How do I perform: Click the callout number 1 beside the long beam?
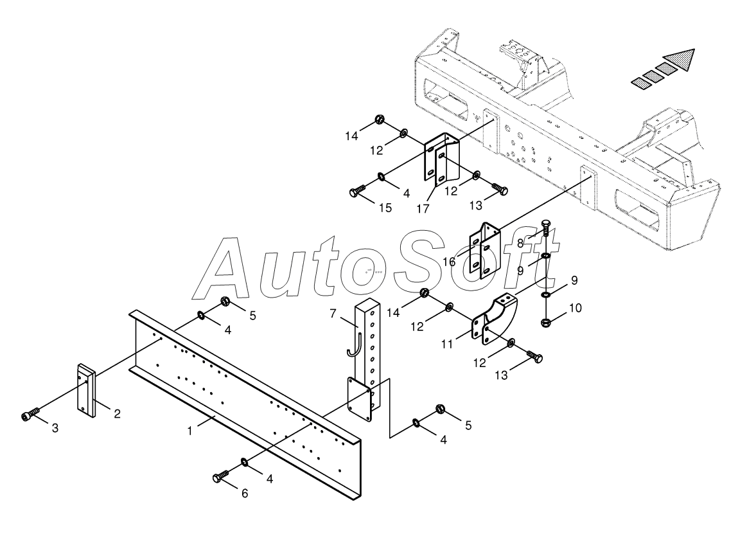tap(190, 430)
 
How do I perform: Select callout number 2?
tap(118, 414)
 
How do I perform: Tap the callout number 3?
tap(55, 427)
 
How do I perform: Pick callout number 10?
tap(575, 308)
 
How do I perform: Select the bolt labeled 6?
tap(218, 476)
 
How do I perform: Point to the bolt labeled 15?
tap(357, 191)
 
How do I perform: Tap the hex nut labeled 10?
tap(545, 321)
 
